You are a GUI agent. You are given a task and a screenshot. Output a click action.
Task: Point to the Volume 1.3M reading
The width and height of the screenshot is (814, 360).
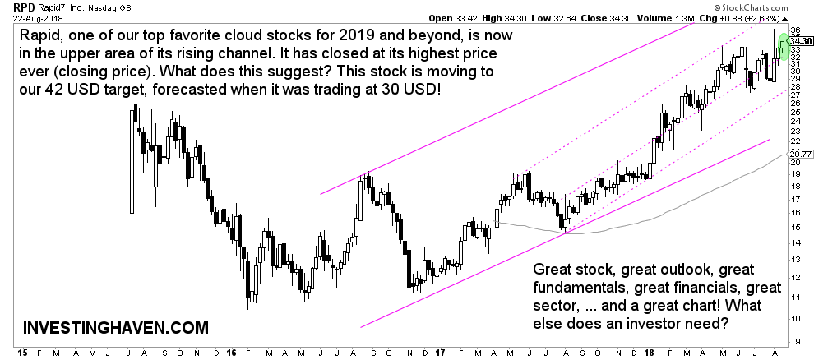(x=678, y=16)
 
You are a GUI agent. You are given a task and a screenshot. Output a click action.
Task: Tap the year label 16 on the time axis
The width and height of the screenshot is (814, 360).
(x=231, y=353)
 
